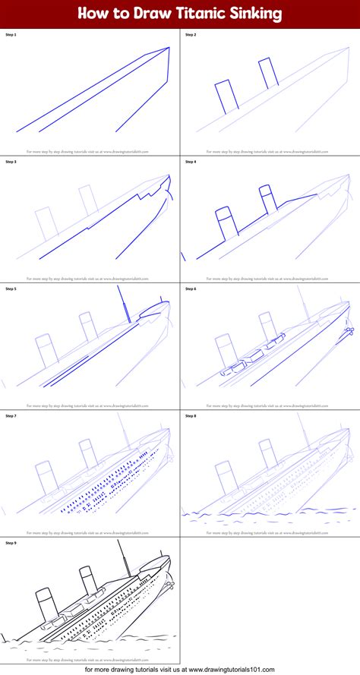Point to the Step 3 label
pos(11,162)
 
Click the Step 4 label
pos(190,162)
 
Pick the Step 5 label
pos(11,289)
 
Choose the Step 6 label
pos(190,289)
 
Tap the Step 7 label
pos(11,415)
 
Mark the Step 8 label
pos(190,415)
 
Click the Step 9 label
pos(11,543)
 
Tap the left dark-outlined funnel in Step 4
pos(225,222)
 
